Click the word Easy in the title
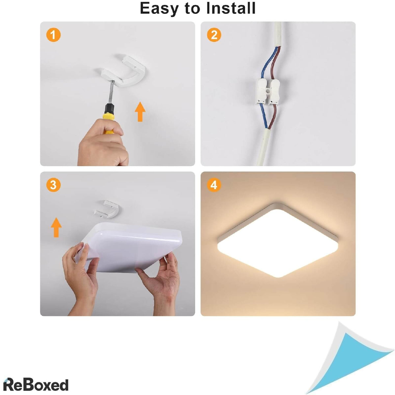[x=159, y=9]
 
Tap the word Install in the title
[x=231, y=8]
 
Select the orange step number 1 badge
[x=54, y=35]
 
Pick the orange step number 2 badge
[x=214, y=35]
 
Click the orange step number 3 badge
[x=54, y=185]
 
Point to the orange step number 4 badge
[x=214, y=185]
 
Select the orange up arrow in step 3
[x=56, y=227]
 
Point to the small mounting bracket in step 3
[x=107, y=210]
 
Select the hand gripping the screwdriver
[x=103, y=144]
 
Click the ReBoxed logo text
[x=36, y=379]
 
